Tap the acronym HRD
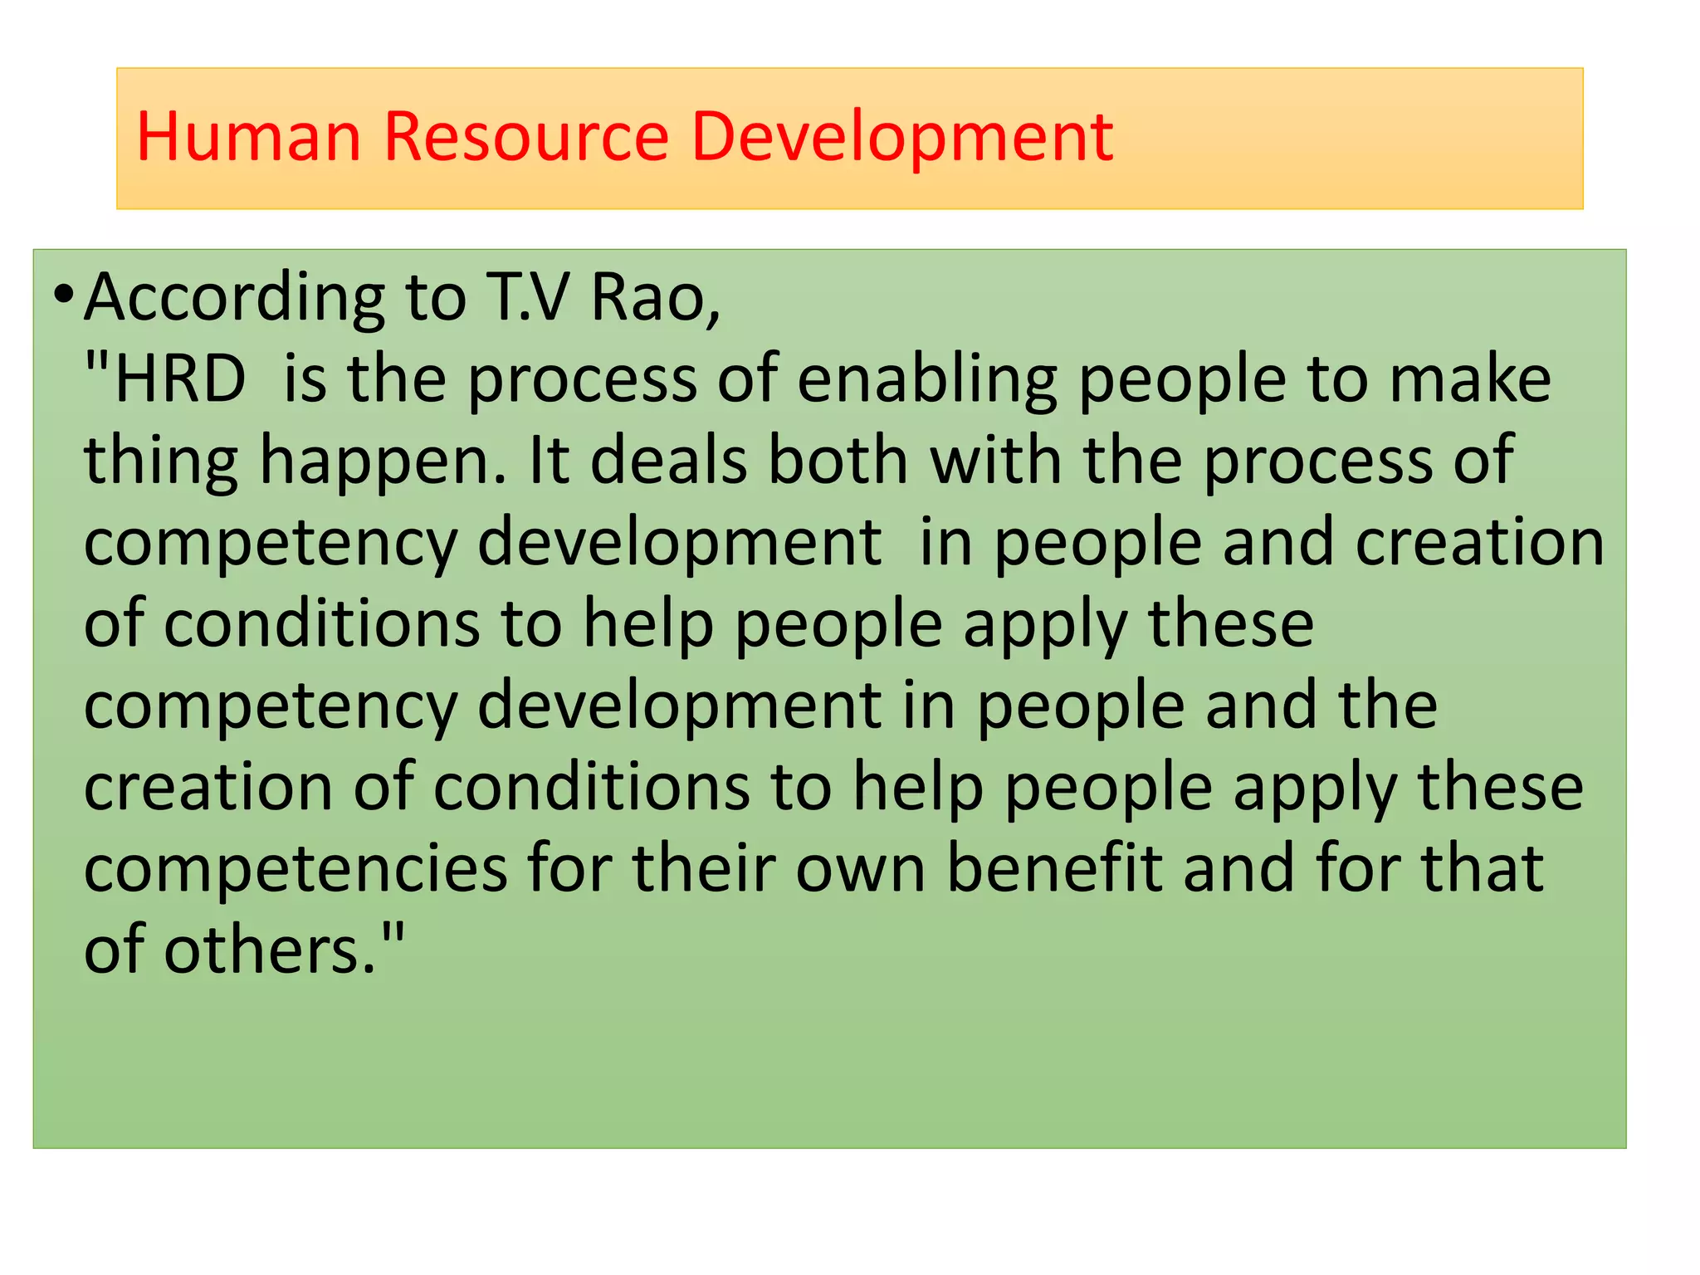click(179, 379)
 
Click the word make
click(1469, 379)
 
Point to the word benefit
click(1054, 868)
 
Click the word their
click(703, 868)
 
